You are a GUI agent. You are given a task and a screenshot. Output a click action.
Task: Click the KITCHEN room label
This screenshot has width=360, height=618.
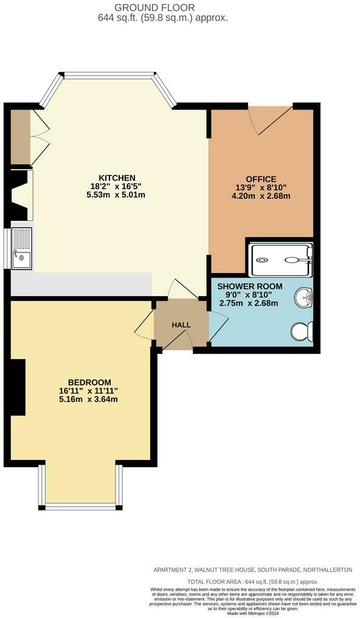pyautogui.click(x=118, y=178)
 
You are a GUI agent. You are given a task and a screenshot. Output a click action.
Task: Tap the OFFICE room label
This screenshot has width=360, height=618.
pyautogui.click(x=261, y=179)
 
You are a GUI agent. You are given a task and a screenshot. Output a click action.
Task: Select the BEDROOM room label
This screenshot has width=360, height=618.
pyautogui.click(x=88, y=382)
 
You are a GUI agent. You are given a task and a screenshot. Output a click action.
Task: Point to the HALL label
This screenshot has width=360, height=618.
pyautogui.click(x=181, y=325)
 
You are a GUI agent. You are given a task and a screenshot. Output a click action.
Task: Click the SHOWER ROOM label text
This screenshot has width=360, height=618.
pyautogui.click(x=249, y=286)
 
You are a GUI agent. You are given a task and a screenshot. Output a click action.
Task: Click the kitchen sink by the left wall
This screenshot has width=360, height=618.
pyautogui.click(x=21, y=248)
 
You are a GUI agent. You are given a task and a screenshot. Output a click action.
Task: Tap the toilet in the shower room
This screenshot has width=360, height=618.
pyautogui.click(x=302, y=332)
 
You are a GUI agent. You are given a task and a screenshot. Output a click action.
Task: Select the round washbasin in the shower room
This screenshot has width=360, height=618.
pyautogui.click(x=303, y=298)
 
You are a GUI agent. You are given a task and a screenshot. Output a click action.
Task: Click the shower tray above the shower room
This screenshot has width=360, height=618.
pyautogui.click(x=280, y=259)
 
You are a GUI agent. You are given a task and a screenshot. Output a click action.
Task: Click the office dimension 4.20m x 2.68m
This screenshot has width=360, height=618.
pyautogui.click(x=261, y=196)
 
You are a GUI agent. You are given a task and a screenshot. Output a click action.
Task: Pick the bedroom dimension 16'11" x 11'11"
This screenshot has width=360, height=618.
pyautogui.click(x=88, y=391)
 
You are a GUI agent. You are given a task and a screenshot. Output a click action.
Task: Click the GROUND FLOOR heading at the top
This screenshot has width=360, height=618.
pyautogui.click(x=163, y=7)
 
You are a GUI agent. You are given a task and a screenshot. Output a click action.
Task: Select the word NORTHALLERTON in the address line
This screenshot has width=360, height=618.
pyautogui.click(x=325, y=569)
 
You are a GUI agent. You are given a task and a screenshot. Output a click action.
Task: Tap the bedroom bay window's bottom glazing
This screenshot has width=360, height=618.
pyautogui.click(x=80, y=506)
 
